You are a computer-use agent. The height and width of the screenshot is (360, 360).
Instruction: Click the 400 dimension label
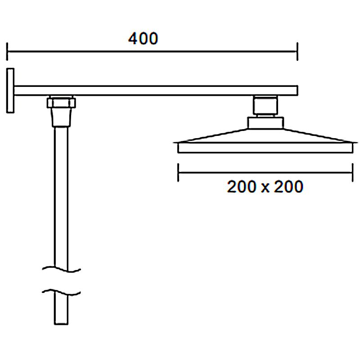[x=143, y=38]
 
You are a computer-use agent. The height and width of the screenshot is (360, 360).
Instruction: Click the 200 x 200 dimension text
[x=265, y=186]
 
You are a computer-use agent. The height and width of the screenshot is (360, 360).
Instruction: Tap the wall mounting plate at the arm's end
[x=10, y=90]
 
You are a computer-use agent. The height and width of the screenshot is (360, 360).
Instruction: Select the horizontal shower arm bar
[x=156, y=90]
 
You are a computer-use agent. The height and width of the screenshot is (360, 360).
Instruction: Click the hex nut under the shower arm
[x=61, y=103]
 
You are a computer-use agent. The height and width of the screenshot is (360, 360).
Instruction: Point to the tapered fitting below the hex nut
[x=61, y=117]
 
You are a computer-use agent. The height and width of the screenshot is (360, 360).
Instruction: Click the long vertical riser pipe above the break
[x=61, y=198]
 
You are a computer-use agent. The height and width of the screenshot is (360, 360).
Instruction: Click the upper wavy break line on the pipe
[x=61, y=269]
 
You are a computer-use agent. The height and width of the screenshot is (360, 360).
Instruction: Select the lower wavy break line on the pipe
[x=61, y=292]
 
